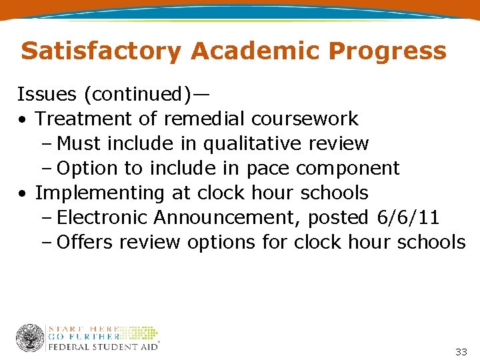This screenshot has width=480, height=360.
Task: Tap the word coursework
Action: click(x=305, y=119)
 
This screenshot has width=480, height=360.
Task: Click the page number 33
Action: click(x=461, y=351)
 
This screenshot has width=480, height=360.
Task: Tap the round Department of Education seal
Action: click(x=30, y=338)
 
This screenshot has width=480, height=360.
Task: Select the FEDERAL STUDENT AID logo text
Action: click(x=103, y=347)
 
